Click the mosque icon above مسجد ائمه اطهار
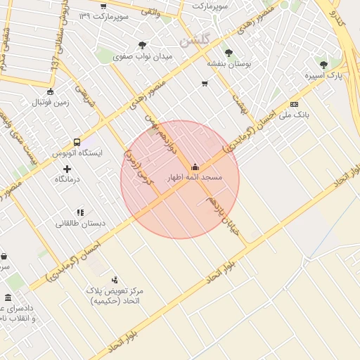[195, 167]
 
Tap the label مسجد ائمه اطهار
[194, 178]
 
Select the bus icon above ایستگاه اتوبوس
[77, 141]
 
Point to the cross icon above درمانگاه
[67, 169]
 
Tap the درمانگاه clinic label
[68, 180]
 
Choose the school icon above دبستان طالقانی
[80, 212]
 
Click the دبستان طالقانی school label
[81, 224]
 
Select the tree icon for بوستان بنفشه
[229, 52]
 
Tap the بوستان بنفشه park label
[229, 63]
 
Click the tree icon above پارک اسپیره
[323, 65]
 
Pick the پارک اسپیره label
[323, 76]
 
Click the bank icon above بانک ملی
[294, 104]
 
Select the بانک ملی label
[293, 115]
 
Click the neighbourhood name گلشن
[194, 41]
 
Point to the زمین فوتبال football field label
[49, 103]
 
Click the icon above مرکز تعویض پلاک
[115, 279]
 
